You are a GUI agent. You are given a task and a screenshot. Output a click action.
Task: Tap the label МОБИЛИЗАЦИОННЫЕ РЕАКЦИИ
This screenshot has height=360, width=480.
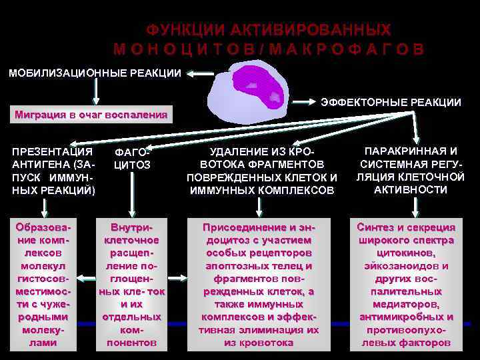94,73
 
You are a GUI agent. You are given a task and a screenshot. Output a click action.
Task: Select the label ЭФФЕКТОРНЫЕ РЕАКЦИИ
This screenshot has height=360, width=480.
391,102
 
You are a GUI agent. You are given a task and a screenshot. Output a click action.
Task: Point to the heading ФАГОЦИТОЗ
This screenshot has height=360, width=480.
133,157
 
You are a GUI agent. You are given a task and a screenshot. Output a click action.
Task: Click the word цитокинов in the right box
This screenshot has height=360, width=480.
406,253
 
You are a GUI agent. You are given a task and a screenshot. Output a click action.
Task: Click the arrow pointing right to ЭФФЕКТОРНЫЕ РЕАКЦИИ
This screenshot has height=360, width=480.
303,102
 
